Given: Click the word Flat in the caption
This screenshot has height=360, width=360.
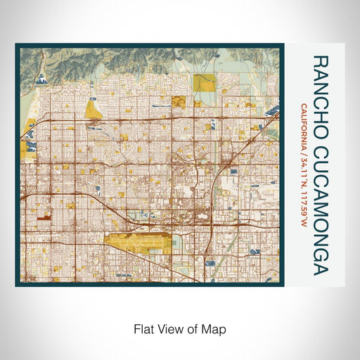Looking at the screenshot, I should pyautogui.click(x=142, y=328).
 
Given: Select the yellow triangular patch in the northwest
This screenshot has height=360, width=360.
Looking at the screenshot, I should pyautogui.click(x=94, y=108).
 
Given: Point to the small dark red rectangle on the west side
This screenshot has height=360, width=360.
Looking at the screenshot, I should pyautogui.click(x=44, y=219).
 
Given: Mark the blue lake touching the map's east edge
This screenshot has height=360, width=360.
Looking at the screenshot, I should pyautogui.click(x=271, y=112).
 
